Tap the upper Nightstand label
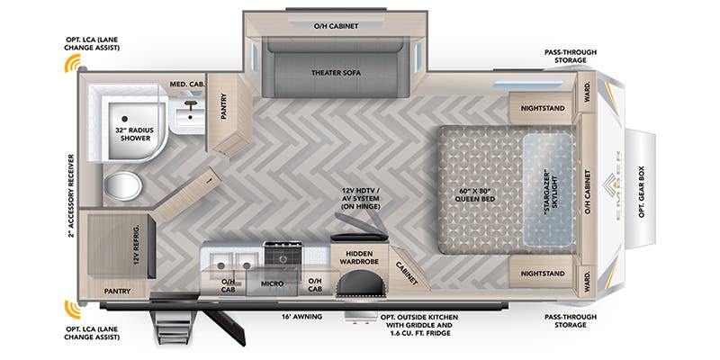tap(544, 109)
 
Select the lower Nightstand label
tap(544, 273)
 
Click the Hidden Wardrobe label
tap(361, 261)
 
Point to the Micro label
tap(274, 283)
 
